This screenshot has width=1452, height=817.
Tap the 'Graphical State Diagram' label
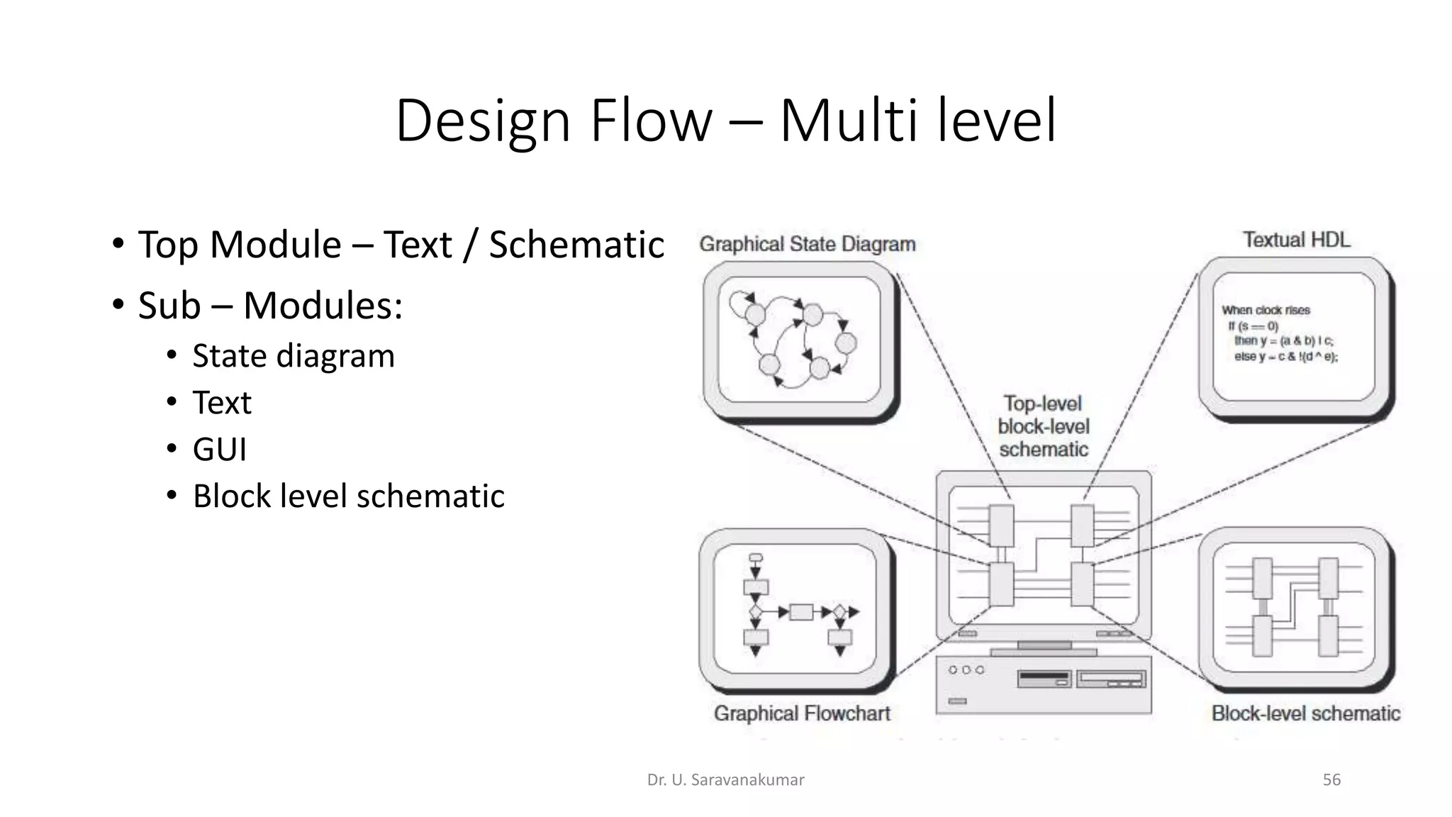point(807,244)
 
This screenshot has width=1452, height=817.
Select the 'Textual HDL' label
point(1296,240)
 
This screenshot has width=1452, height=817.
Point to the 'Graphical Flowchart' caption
point(802,713)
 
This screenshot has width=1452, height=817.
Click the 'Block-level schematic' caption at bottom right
point(1306,713)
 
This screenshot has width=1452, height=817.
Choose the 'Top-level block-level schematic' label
point(1043,426)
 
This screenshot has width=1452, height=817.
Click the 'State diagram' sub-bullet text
point(293,355)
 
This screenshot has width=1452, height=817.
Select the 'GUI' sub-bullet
point(220,449)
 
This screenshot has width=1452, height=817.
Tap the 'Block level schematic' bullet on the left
point(348,496)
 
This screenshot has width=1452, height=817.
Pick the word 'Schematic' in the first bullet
point(576,245)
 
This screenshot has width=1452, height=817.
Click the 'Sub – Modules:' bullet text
point(270,306)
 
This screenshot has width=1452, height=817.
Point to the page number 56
point(1331,780)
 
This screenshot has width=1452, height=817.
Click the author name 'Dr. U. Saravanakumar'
point(725,780)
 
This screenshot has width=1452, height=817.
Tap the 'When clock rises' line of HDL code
point(1266,310)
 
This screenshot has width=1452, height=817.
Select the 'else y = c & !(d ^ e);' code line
point(1285,357)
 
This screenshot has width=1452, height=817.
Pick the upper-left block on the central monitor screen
point(1001,525)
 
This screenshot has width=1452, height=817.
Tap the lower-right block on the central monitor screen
point(1082,584)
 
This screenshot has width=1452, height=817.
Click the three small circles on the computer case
point(966,669)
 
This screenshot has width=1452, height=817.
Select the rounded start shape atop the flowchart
point(756,557)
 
